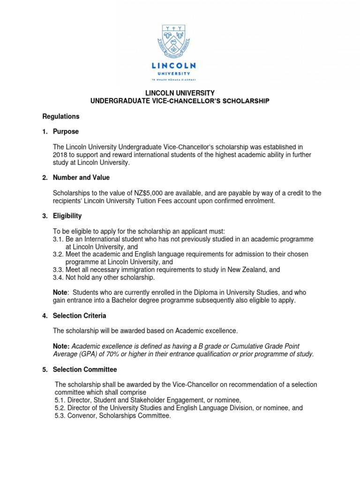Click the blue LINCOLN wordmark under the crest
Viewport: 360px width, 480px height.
coord(180,66)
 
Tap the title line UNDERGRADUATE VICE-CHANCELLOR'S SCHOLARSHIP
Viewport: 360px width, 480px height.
coord(180,101)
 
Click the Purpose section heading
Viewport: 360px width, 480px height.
coord(67,132)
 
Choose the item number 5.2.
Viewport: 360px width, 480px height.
coord(60,408)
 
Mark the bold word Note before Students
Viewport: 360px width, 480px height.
coord(61,292)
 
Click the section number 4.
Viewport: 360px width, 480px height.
coord(45,316)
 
